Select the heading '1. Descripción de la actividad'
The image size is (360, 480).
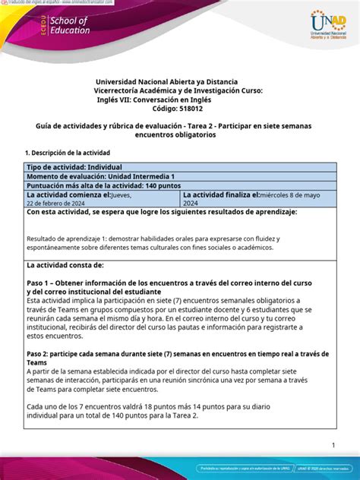click(68, 153)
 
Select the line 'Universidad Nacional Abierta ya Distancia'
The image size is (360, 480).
click(166, 81)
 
